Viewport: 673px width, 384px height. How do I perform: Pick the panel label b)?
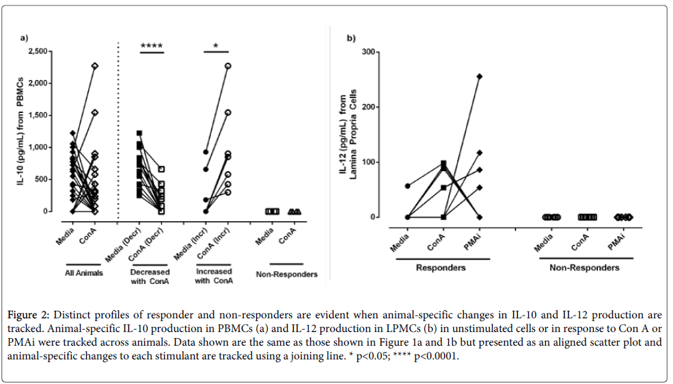pyautogui.click(x=351, y=38)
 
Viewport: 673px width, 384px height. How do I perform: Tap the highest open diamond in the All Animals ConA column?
pyautogui.click(x=95, y=66)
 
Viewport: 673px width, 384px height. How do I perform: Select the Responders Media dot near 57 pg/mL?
pyautogui.click(x=408, y=186)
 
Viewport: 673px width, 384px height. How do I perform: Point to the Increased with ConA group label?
pyautogui.click(x=213, y=276)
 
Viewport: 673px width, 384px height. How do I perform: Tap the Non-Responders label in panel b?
pyautogui.click(x=584, y=268)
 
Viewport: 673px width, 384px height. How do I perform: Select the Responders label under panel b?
pyautogui.click(x=441, y=268)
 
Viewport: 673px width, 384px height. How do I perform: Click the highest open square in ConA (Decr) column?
pyautogui.click(x=161, y=169)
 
